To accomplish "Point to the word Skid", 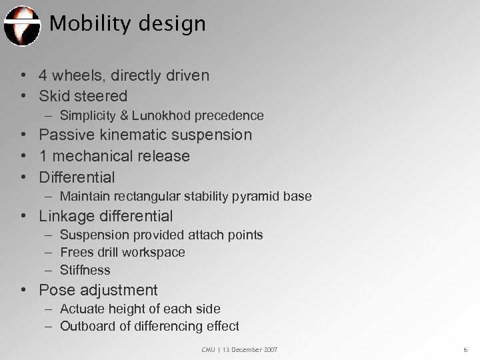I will (x=55, y=96).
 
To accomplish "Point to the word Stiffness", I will (x=85, y=271).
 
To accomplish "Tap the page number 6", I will (x=464, y=349).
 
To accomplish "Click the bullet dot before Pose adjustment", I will (x=23, y=291).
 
